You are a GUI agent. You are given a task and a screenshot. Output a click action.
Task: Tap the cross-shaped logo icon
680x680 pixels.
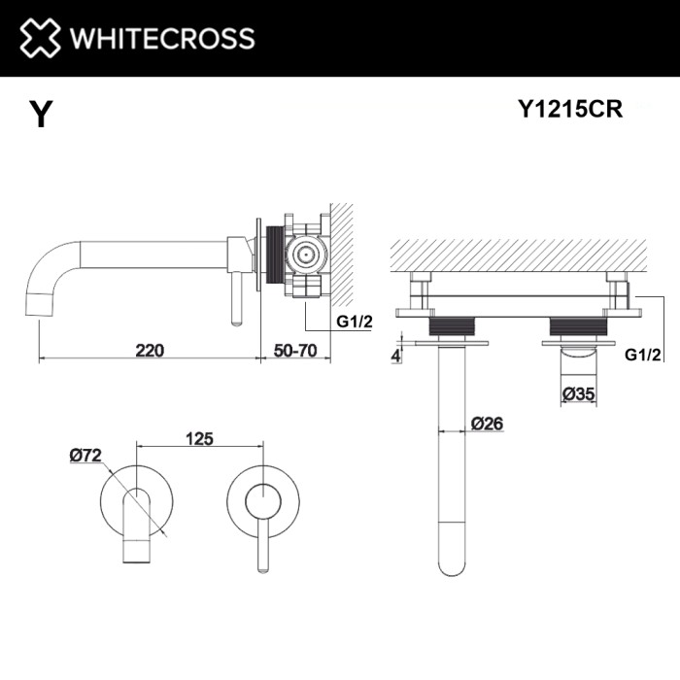pos(40,39)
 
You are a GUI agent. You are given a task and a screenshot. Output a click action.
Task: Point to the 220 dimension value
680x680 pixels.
pos(149,350)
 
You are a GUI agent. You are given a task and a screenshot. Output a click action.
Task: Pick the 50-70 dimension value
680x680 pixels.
pos(293,350)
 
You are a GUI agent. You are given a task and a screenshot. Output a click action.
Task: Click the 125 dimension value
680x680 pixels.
pos(199,438)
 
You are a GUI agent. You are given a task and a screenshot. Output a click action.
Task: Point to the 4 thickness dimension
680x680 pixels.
pos(396,355)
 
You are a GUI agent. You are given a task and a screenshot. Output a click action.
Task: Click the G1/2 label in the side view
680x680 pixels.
pos(355,323)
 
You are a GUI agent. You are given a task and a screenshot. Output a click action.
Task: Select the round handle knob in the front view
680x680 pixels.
pos(260,503)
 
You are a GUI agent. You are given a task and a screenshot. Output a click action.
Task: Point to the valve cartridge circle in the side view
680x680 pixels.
pos(308,255)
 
